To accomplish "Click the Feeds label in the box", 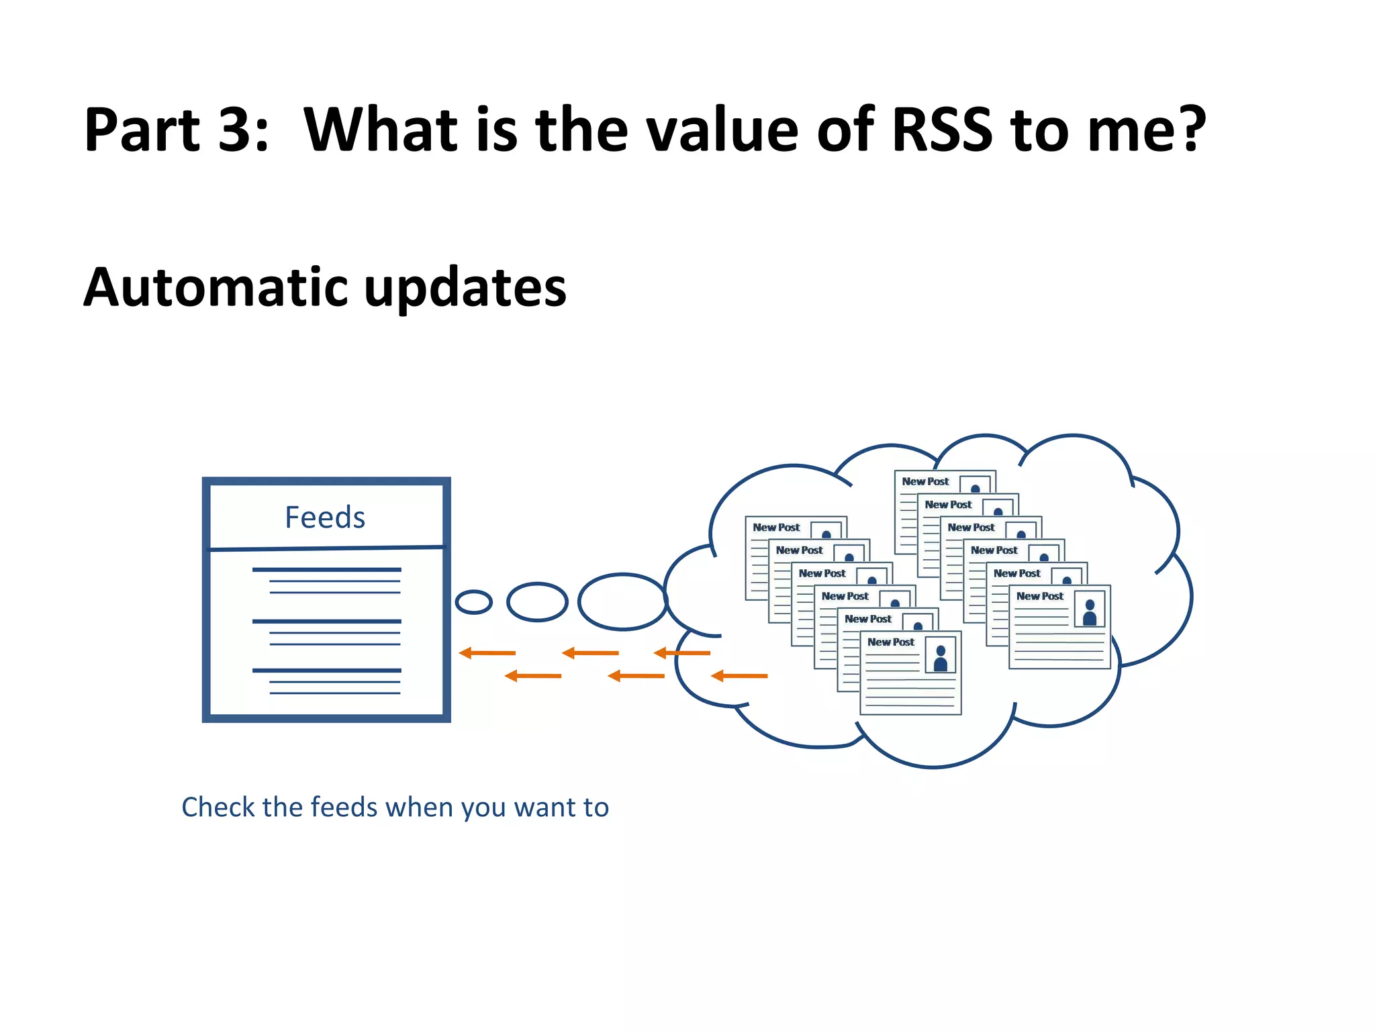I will coord(325,518).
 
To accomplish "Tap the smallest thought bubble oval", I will coord(473,602).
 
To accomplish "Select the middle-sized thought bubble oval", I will coord(537,602).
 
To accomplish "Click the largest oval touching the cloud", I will coord(622,602).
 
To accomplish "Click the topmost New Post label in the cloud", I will coord(925,481).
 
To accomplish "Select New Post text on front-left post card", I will coord(890,642).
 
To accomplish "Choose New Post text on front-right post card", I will coord(1039,596).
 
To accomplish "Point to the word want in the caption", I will coord(544,807).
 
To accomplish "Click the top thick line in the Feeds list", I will coord(326,570).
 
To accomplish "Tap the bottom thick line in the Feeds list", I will coord(326,671).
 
